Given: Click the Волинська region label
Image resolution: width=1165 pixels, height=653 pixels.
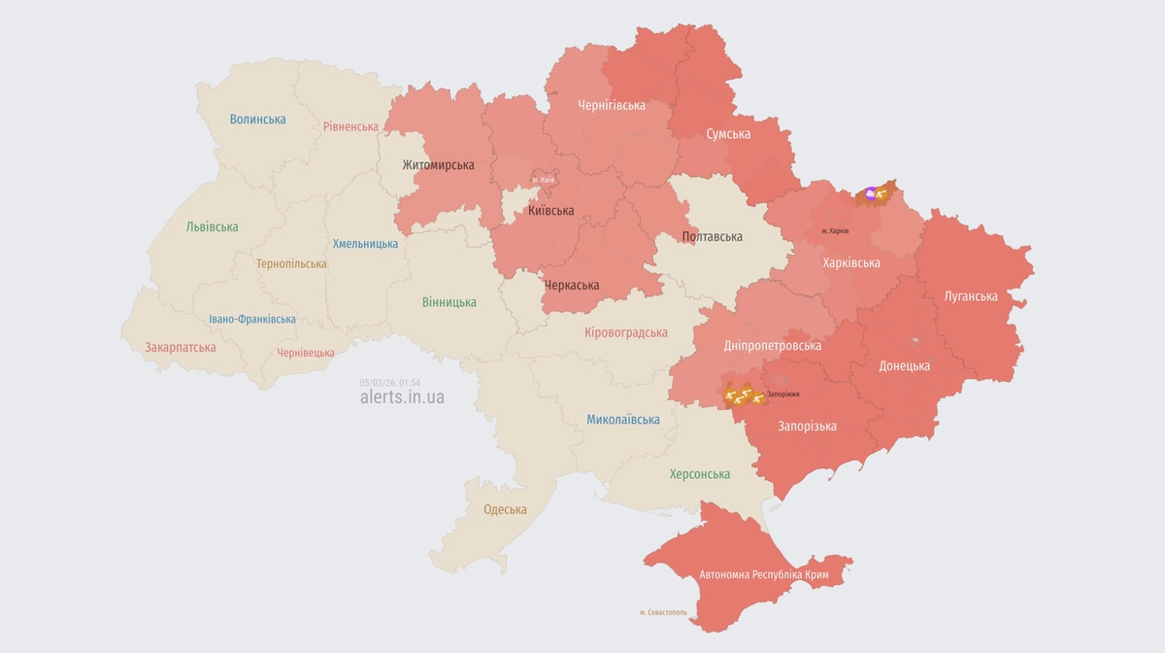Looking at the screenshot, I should pos(257,120).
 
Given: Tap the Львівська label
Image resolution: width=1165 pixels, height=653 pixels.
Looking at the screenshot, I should pos(212,227).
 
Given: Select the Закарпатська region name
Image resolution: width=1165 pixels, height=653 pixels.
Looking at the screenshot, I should pos(180,347).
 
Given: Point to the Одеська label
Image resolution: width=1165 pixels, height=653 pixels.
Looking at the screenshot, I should pos(505,510).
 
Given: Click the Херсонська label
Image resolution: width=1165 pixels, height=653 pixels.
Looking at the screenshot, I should pos(699,474).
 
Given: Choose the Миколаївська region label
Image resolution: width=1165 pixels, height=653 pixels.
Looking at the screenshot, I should pos(622,420).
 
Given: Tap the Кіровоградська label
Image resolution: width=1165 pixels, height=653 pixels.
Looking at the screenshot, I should pos(625,332).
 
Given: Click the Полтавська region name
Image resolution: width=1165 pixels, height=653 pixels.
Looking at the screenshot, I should pos(712,237).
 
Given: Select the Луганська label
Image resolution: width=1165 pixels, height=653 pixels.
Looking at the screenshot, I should pos(971,296).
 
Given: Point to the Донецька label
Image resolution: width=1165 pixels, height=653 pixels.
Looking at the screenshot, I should pos(904,366).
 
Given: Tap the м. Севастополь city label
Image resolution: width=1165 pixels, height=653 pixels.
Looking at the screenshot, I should pos(663,612).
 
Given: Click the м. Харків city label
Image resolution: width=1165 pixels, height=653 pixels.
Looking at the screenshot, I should pos(835,231).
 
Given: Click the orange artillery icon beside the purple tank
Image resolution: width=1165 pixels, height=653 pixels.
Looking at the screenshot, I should pos(881,194).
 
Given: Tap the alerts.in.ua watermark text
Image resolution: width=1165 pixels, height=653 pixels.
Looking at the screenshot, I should pos(402,396).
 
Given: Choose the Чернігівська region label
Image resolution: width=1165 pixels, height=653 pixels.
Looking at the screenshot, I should pos(611,105).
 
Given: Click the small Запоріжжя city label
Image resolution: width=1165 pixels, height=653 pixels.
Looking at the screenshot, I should pos(782,394).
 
